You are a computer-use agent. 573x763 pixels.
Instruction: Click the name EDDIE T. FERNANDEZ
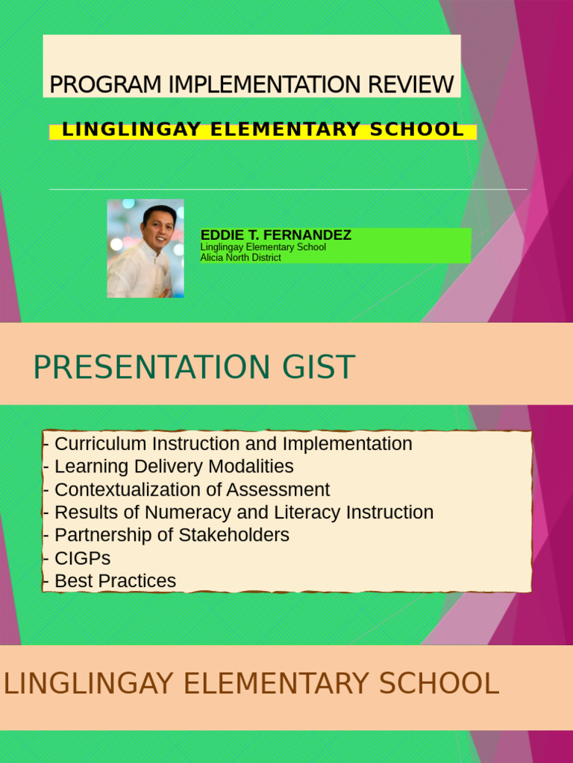(x=276, y=235)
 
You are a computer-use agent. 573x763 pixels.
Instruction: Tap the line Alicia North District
(x=240, y=258)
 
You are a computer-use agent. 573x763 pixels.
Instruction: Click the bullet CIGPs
(x=82, y=558)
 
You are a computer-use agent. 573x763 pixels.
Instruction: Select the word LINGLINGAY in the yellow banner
(x=132, y=130)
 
